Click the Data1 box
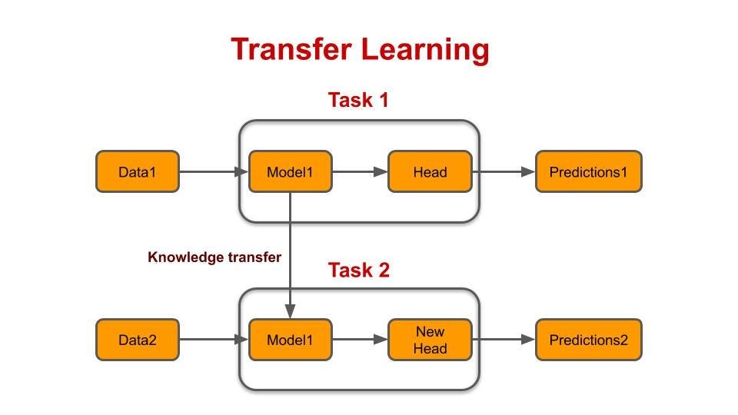[x=137, y=171]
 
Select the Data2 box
[x=137, y=340]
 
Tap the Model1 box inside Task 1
[x=290, y=171]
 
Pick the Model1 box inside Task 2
[x=290, y=340]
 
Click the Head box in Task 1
[x=430, y=171]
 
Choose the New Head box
[x=430, y=340]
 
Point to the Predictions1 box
[x=588, y=171]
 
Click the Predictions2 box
[x=588, y=340]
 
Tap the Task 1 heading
[x=358, y=100]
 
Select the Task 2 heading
[x=358, y=271]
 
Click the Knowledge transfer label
[x=214, y=257]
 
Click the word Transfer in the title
[x=291, y=50]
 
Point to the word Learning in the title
[x=425, y=50]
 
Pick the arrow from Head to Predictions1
[x=504, y=171]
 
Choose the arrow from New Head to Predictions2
[x=504, y=340]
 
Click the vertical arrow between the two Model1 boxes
[x=290, y=254]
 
